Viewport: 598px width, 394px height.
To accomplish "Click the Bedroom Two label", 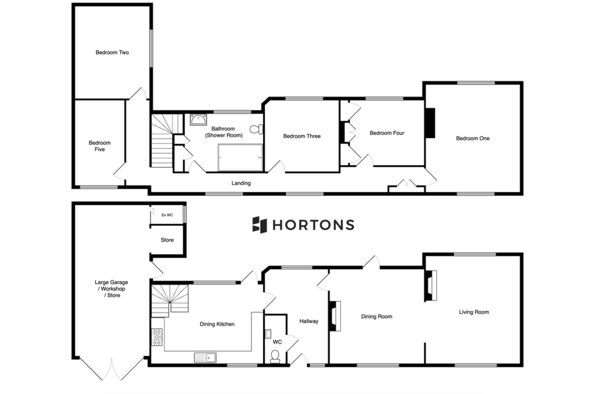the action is pyautogui.click(x=112, y=52).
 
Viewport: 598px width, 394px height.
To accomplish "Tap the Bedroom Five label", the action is pyautogui.click(x=100, y=146).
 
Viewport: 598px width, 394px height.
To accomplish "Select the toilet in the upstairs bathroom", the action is pyautogui.click(x=256, y=129).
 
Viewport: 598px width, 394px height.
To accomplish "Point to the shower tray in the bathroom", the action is pyautogui.click(x=240, y=157).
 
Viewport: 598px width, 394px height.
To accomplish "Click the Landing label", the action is pyautogui.click(x=241, y=183).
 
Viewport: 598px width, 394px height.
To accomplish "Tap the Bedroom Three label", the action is pyautogui.click(x=302, y=136).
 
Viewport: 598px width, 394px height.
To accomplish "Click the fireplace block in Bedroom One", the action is pyautogui.click(x=430, y=123).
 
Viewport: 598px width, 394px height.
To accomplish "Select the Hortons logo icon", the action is pyautogui.click(x=259, y=225).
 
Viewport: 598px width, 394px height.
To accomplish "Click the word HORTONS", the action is pyautogui.click(x=314, y=225).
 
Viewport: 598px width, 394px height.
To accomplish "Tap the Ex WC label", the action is pyautogui.click(x=167, y=215).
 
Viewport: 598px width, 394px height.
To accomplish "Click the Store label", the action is pyautogui.click(x=167, y=240).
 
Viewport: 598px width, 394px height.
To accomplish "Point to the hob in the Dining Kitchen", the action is pyautogui.click(x=157, y=337).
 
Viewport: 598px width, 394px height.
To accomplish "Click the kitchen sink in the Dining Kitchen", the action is pyautogui.click(x=205, y=358).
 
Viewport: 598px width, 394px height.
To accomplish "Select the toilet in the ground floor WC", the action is pyautogui.click(x=275, y=357).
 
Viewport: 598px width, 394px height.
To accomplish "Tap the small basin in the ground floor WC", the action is pyautogui.click(x=268, y=334).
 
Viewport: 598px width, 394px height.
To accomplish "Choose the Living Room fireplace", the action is pyautogui.click(x=430, y=285).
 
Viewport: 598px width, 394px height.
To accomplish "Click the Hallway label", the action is pyautogui.click(x=309, y=321).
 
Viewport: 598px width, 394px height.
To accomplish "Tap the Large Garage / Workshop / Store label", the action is pyautogui.click(x=112, y=289).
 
